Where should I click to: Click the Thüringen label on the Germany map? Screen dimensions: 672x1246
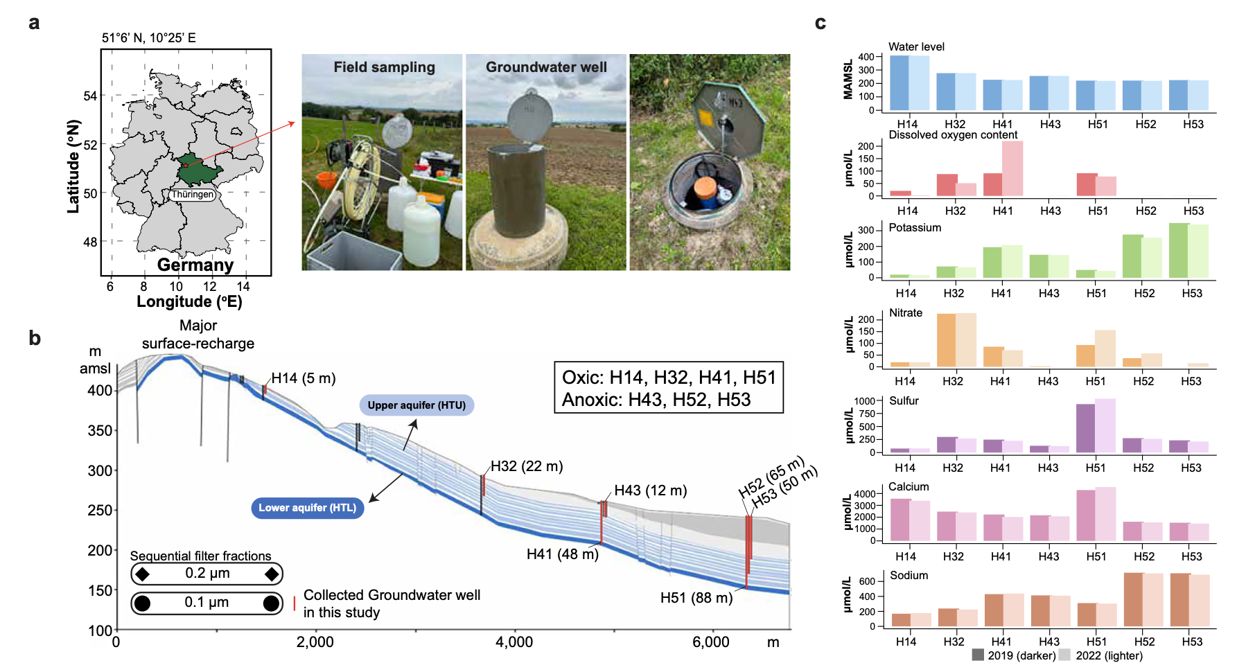[193, 195]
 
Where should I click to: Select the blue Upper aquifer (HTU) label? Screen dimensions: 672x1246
[416, 405]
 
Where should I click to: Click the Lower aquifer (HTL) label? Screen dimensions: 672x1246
[307, 508]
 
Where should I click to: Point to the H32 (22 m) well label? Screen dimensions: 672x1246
[527, 466]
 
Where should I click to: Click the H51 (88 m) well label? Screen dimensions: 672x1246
[696, 598]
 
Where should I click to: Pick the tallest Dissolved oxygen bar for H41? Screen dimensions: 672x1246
[1012, 168]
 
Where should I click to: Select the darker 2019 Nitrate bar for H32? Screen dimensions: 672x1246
[946, 340]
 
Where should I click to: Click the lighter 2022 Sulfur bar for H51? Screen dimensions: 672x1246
[1105, 425]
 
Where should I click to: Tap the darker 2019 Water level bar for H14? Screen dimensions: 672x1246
[899, 83]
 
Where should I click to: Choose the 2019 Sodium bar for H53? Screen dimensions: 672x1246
[1180, 600]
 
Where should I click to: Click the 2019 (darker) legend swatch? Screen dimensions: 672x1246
[978, 655]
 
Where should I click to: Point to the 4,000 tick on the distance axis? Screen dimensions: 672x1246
[514, 642]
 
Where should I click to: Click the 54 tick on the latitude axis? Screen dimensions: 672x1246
[90, 96]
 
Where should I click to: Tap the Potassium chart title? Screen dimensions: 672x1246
[915, 228]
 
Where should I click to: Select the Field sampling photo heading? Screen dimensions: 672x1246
[384, 67]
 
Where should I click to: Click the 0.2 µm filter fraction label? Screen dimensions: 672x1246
[207, 574]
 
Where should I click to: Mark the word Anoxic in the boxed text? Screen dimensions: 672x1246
[583, 400]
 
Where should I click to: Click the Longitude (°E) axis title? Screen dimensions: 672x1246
[189, 302]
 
